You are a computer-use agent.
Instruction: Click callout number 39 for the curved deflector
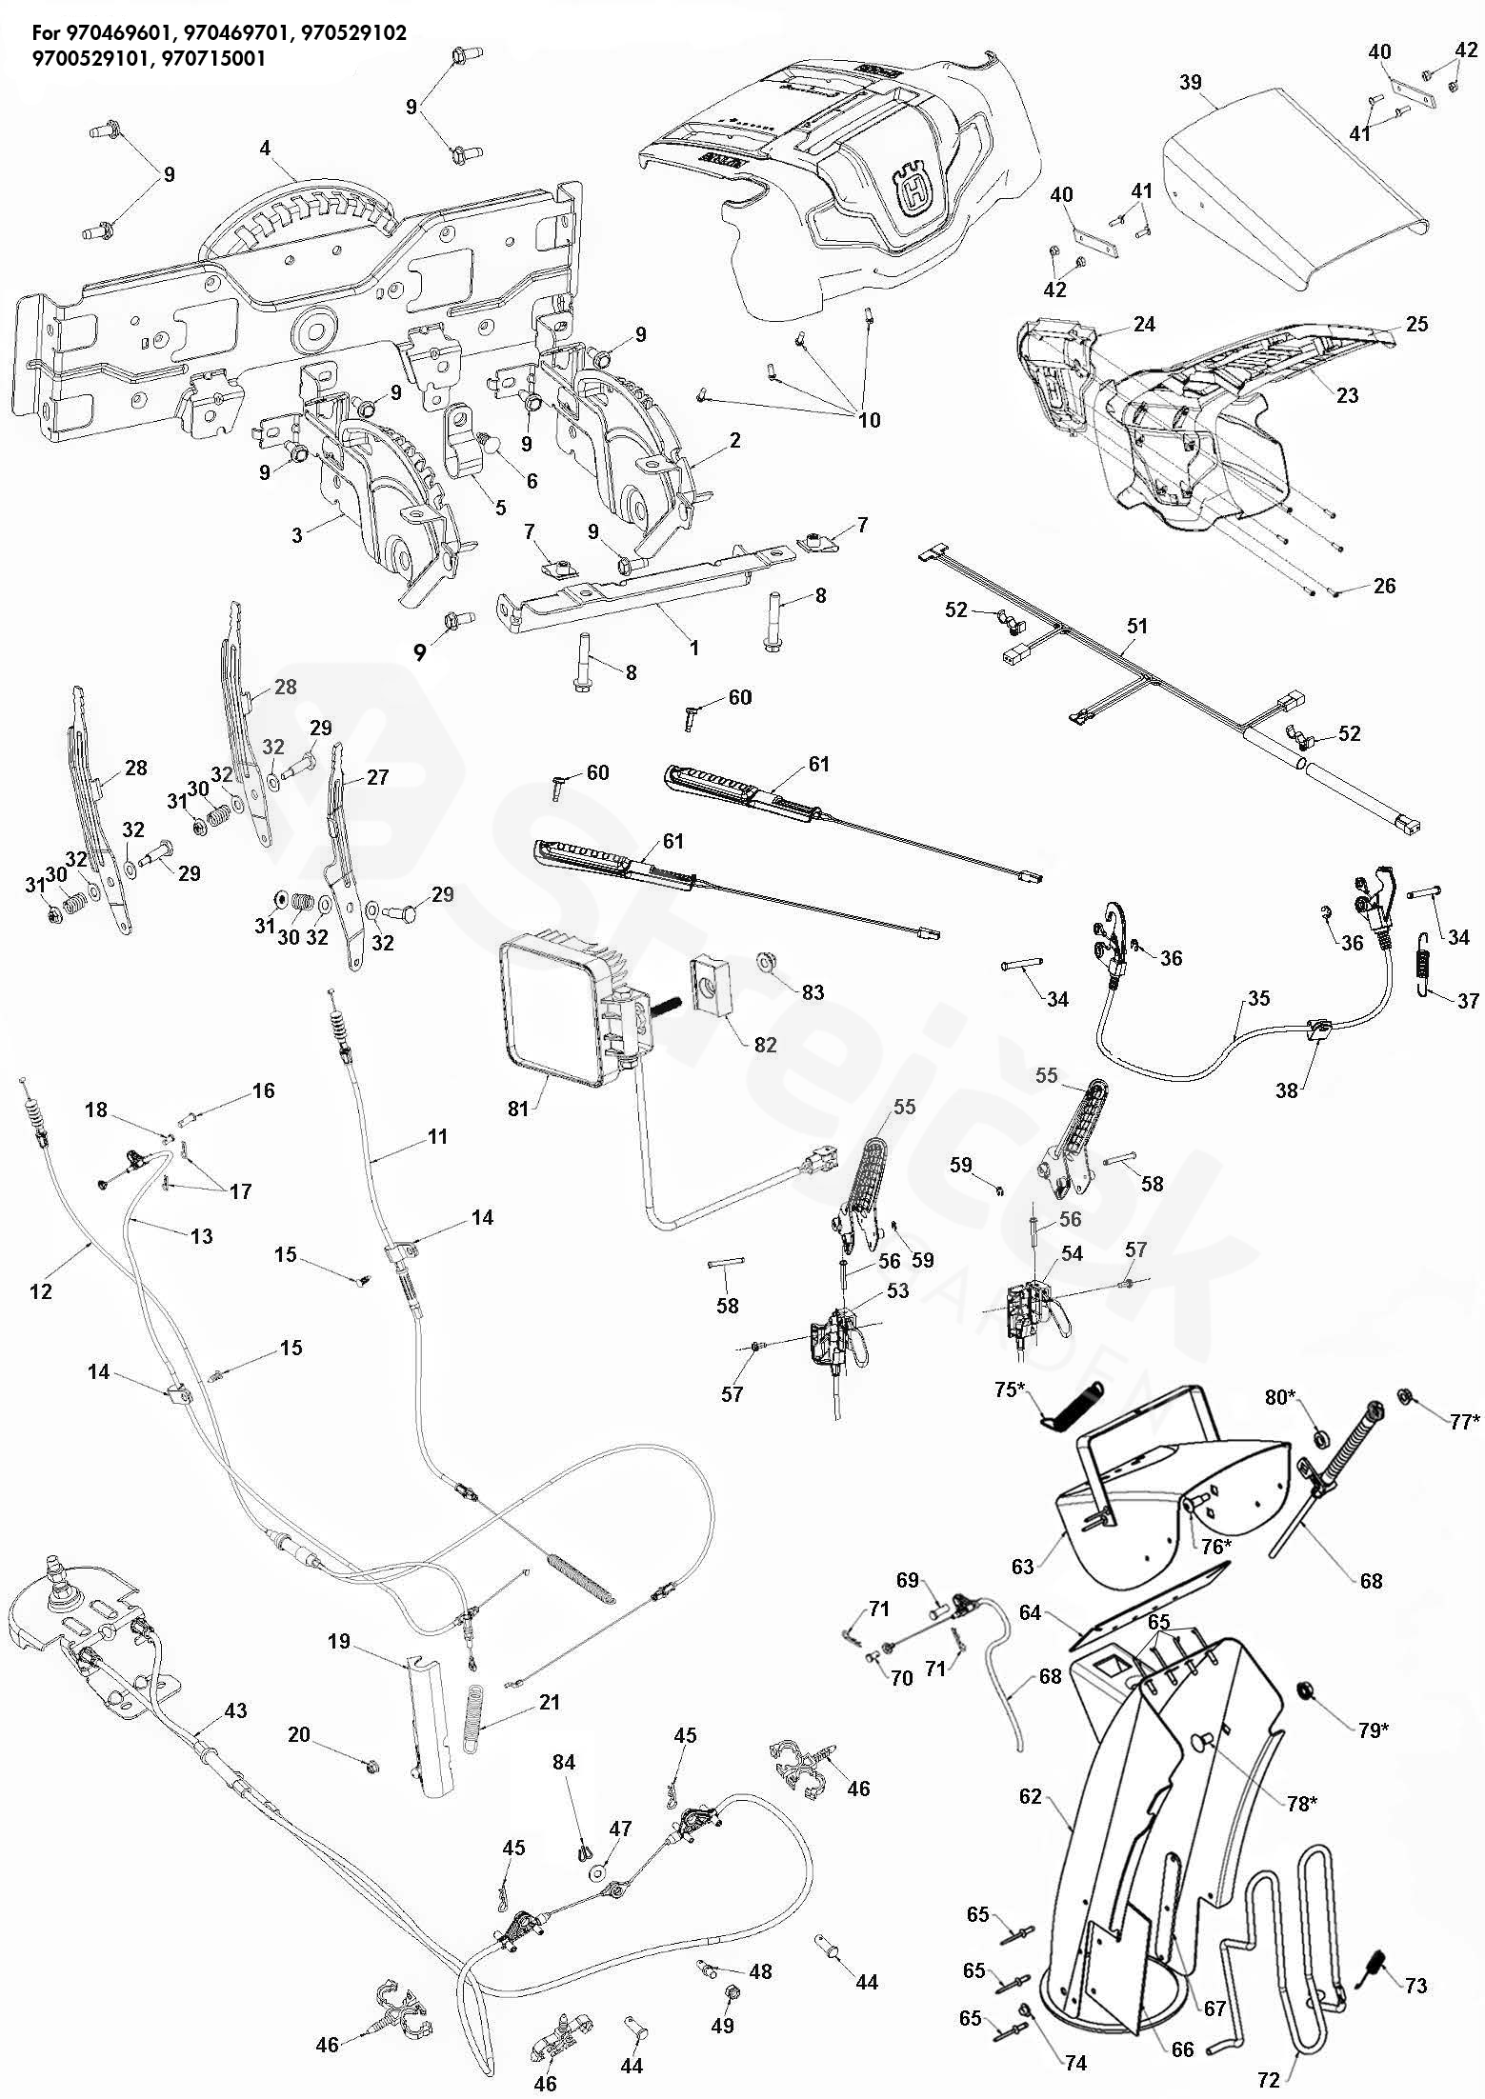pyautogui.click(x=1191, y=83)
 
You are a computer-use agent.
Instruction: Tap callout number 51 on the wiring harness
pyautogui.click(x=1137, y=627)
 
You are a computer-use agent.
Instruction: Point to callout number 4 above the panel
pyautogui.click(x=265, y=148)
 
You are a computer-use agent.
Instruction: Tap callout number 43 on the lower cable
pyautogui.click(x=235, y=1710)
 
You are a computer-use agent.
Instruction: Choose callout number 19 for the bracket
pyautogui.click(x=340, y=1641)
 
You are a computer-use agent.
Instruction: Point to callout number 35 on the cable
pyautogui.click(x=1258, y=999)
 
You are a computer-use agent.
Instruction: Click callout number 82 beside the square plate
pyautogui.click(x=765, y=1045)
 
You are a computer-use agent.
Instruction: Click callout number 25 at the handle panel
pyautogui.click(x=1416, y=324)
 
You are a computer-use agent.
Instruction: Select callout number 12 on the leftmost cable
pyautogui.click(x=40, y=1291)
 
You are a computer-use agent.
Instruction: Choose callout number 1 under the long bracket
pyautogui.click(x=694, y=648)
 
